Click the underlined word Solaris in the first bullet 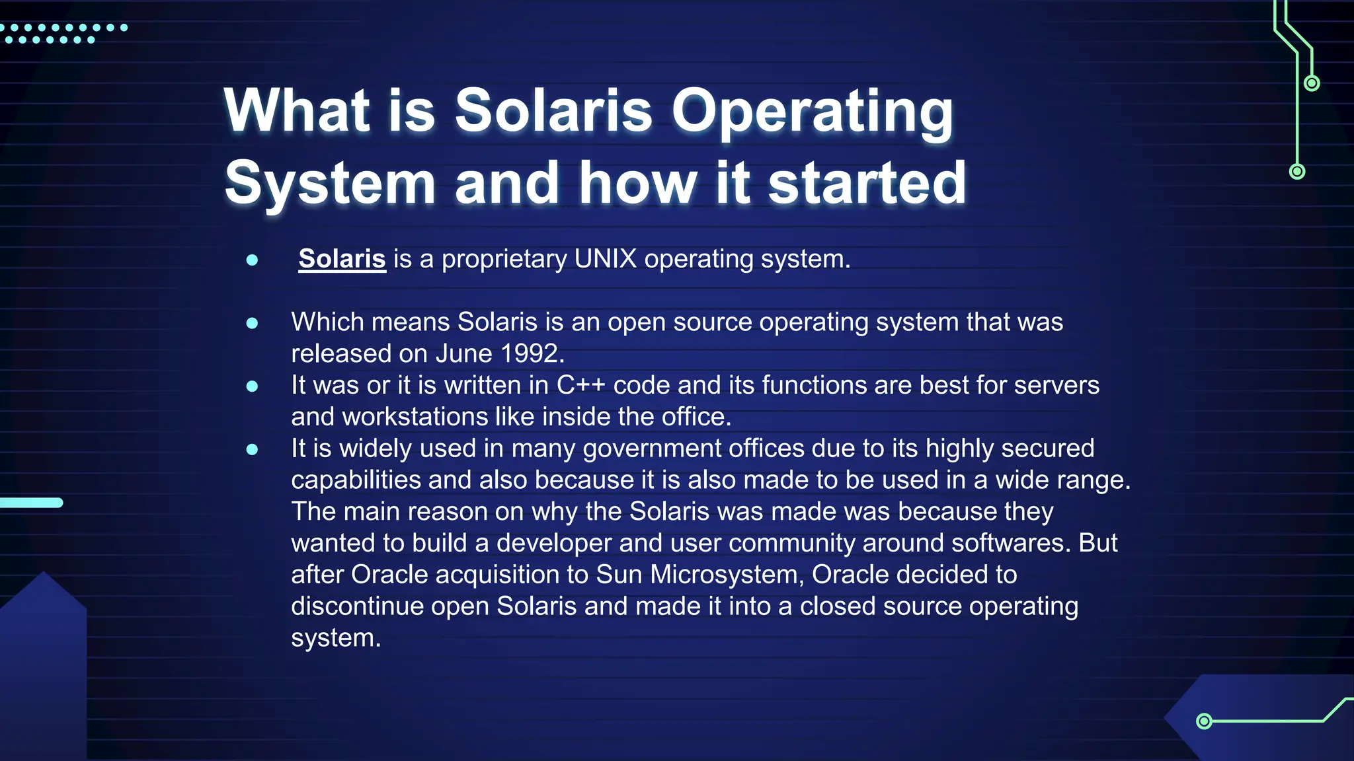(342, 259)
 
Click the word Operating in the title (812, 111)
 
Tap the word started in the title (867, 183)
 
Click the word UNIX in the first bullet (605, 259)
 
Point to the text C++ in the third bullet (580, 385)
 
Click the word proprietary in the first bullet (504, 259)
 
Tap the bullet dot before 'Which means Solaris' (252, 323)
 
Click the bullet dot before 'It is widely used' (252, 450)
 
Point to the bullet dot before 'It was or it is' (252, 386)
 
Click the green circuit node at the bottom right (1204, 721)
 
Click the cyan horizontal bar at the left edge (31, 503)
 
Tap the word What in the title (297, 111)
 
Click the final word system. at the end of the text (336, 638)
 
